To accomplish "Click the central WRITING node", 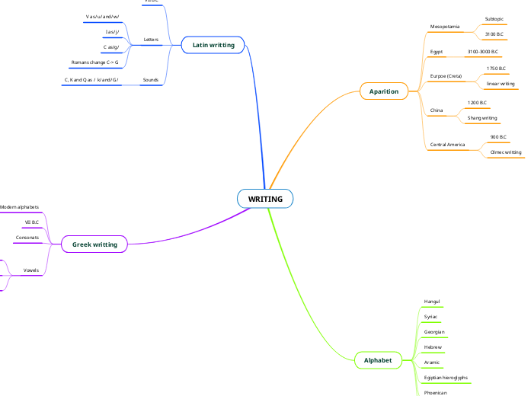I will [265, 199].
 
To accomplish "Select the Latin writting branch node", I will [213, 45].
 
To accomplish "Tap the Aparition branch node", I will [383, 91].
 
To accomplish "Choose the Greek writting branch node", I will [94, 244].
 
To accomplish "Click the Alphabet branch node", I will [378, 359].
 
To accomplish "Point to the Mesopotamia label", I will [444, 27].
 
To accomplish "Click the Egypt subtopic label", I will [437, 52].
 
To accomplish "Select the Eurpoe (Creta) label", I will [446, 76].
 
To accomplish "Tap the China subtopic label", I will [437, 110].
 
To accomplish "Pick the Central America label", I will [447, 144].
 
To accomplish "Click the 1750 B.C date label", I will [496, 69].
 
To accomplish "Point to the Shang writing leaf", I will [482, 118].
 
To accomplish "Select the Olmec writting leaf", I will [506, 152].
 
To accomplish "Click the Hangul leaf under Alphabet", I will [431, 302].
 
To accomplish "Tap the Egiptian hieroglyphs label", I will [446, 378].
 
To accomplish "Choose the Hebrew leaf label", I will [433, 347].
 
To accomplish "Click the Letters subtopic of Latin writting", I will [151, 39].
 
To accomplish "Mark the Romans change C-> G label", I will [94, 62].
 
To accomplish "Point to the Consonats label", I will [27, 238].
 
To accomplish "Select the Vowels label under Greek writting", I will [31, 270].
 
